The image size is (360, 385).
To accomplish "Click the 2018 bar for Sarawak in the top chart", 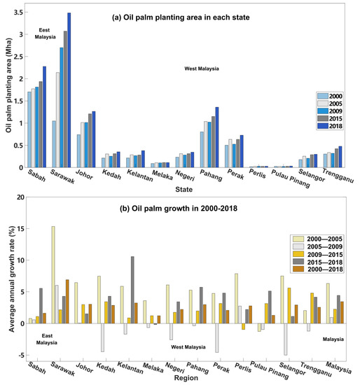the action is tap(69, 90).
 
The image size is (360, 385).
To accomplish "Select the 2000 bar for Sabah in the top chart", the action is tap(29, 129).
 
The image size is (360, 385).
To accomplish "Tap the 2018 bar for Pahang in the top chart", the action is tap(217, 137).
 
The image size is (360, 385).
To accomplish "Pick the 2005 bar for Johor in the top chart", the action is tap(83, 145).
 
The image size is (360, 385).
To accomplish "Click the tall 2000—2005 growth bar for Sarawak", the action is tap(53, 275).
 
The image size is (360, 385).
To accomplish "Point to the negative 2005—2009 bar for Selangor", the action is tap(286, 339).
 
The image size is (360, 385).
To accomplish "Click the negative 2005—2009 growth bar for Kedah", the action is tap(102, 337).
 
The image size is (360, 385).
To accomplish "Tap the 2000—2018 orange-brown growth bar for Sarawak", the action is tap(67, 302).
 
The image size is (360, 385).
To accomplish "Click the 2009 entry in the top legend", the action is tap(329, 111).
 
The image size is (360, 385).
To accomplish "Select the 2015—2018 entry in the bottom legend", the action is tap(318, 262).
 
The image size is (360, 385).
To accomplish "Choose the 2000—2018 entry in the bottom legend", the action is tap(318, 269).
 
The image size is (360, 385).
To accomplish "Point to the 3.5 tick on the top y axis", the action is tap(18, 13).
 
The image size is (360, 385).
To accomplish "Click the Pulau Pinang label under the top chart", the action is tap(290, 178).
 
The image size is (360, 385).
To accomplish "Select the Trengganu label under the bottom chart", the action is tap(315, 369).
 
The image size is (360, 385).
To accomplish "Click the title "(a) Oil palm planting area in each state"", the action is tap(181, 17).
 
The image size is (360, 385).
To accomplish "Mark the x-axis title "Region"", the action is tap(186, 378).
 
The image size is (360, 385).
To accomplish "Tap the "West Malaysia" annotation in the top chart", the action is tap(202, 69).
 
